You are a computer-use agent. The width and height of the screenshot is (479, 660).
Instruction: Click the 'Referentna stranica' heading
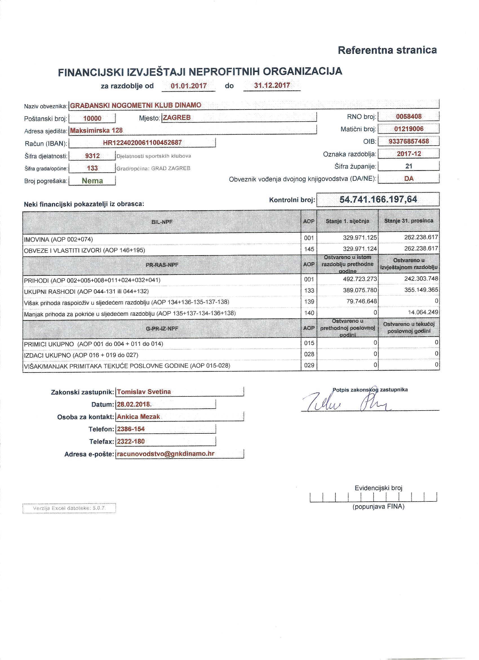pos(387,50)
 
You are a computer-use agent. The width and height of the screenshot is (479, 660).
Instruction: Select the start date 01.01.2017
pos(189,86)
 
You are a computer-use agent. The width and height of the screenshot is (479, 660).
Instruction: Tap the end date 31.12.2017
pos(272,85)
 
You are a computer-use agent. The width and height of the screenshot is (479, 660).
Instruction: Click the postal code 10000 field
pos(92,118)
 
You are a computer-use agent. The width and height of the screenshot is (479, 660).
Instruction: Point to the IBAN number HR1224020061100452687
pos(142,142)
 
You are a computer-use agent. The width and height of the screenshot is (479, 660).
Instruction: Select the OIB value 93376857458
pos(409,141)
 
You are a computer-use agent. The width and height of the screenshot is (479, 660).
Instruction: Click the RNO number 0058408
pos(409,117)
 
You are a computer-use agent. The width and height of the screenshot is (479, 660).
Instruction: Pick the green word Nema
pos(92,181)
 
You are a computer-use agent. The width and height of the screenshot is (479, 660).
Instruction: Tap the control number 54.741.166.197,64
pos(378,199)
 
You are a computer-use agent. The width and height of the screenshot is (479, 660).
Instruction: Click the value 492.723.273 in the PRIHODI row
pos(360,279)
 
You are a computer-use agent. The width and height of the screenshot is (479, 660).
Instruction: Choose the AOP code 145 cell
pos(309,249)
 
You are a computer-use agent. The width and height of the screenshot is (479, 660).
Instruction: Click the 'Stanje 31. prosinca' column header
pos(408,221)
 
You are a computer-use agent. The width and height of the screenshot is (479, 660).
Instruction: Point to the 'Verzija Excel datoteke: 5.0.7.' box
pos(69,508)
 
